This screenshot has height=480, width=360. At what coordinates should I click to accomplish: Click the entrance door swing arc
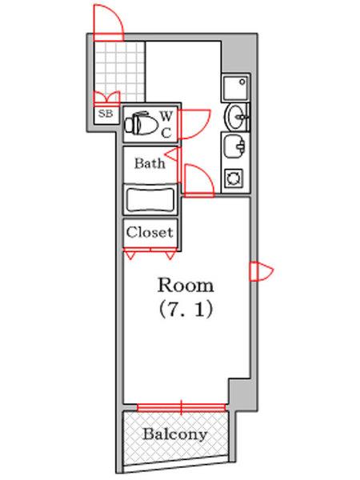(x=107, y=22)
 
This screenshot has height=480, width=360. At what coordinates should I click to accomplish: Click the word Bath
(x=150, y=164)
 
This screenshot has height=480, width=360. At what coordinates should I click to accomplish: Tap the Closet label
(x=150, y=233)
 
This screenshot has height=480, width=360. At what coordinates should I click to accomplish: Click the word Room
(x=185, y=285)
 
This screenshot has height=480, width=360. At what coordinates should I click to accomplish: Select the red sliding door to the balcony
(x=182, y=407)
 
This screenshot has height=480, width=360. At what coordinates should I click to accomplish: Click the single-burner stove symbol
(x=235, y=177)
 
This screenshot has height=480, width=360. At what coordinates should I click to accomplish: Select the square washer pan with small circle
(x=235, y=86)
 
